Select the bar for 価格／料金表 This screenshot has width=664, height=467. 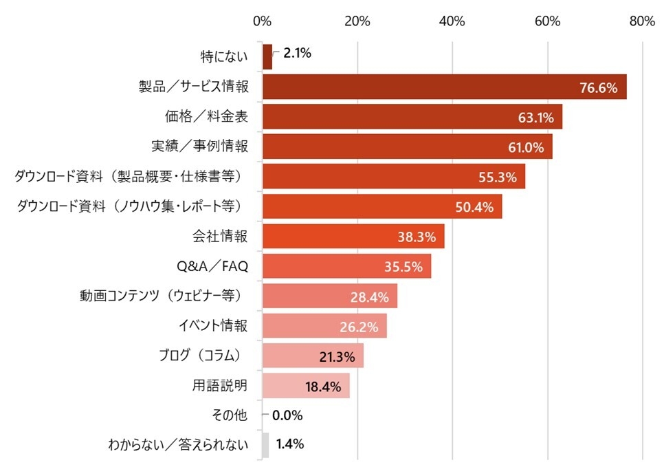tap(412, 117)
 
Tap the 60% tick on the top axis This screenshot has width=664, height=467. tap(547, 21)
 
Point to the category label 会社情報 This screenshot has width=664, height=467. tap(219, 237)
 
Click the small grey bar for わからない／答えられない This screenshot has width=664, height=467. tap(265, 445)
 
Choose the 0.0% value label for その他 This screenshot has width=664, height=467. tap(287, 415)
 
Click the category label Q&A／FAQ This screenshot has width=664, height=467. tap(212, 267)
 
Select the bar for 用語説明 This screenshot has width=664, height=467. tap(306, 386)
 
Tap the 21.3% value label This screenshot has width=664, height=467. tap(337, 356)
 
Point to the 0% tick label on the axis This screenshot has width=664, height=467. tap(262, 21)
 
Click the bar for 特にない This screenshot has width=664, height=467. tap(267, 56)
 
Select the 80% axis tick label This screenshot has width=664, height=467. tap(641, 21)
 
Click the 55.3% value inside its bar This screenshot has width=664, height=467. tap(498, 177)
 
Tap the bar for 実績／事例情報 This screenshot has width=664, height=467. tap(407, 146)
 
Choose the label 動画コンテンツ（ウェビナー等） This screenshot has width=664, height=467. tap(164, 296)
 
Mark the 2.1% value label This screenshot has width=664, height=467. tap(298, 52)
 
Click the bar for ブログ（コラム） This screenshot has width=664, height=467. tap(313, 356)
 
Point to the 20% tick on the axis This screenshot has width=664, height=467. tap(357, 21)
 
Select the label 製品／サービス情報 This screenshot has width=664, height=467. tap(193, 87)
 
